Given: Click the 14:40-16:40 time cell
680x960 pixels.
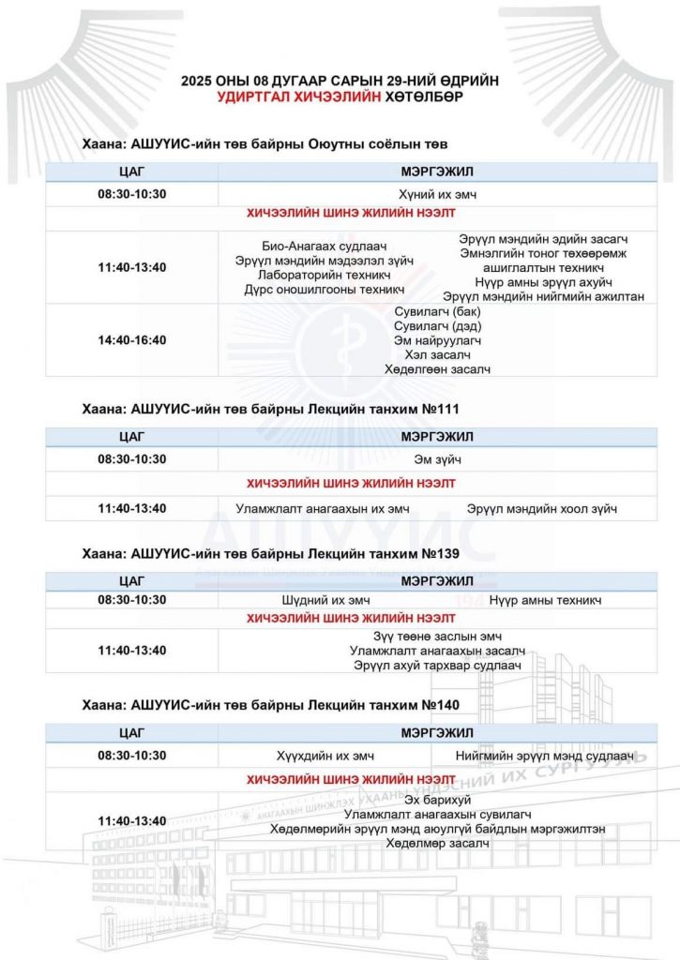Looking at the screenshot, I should click(131, 339).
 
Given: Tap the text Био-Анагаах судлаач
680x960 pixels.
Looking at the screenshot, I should click(325, 246).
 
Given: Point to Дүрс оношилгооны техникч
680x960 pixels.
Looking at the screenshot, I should click(325, 290).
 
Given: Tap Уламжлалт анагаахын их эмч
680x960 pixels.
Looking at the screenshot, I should click(325, 509).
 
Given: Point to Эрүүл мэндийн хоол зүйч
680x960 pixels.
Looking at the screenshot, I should click(542, 509).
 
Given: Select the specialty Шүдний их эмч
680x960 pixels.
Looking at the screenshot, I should click(326, 600).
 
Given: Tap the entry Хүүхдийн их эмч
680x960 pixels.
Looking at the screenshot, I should click(325, 756).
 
